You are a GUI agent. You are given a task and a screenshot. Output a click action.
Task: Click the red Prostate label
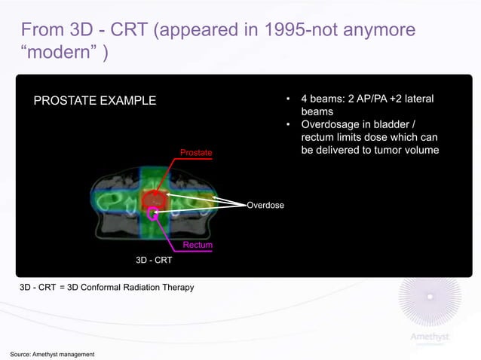coord(196,154)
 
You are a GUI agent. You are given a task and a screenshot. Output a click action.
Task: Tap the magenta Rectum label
coord(198,246)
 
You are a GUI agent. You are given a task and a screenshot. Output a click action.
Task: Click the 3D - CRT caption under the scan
coord(154,261)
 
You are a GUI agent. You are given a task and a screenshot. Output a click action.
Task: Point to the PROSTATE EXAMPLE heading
coord(93,101)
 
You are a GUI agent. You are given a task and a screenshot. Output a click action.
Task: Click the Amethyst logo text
coord(429,336)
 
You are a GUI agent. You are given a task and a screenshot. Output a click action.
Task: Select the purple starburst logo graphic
coord(430,301)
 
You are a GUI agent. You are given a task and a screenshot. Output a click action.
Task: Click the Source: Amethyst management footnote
coord(52,354)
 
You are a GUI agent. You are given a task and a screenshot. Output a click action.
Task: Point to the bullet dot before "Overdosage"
coord(287,125)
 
